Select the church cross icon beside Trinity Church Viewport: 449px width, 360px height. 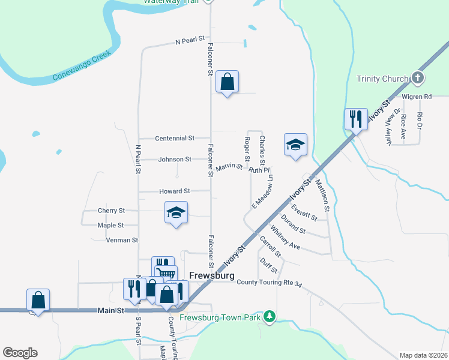417,78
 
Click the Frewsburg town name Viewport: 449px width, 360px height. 211,276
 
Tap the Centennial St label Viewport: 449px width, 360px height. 174,138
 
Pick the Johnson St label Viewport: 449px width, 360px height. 175,160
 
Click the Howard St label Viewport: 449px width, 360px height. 175,191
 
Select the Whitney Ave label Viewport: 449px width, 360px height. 285,238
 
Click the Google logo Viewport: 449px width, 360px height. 20,353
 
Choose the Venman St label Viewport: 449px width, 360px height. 122,240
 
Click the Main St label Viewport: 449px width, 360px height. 110,311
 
